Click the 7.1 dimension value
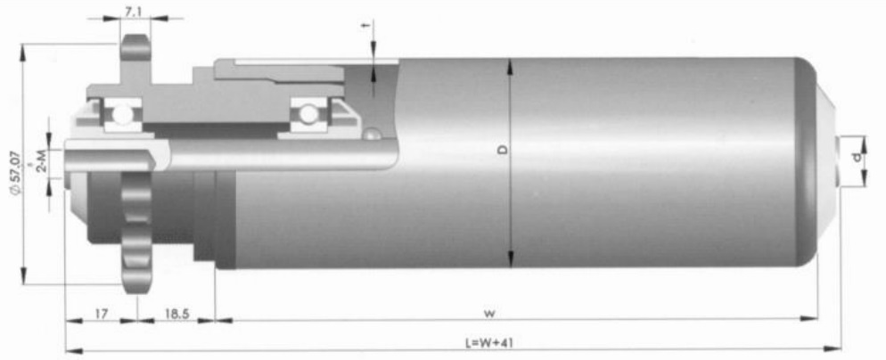134,12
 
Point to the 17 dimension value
101,314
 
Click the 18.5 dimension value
176,314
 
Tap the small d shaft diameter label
858,158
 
